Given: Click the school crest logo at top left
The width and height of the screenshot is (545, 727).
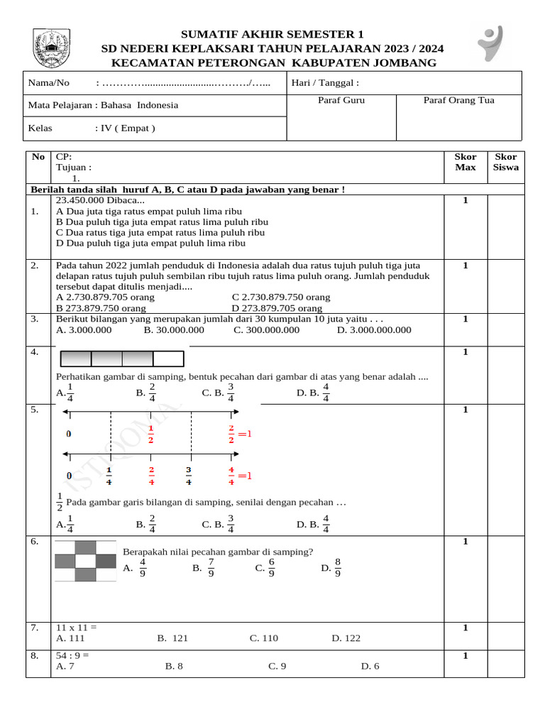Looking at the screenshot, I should point(52,48).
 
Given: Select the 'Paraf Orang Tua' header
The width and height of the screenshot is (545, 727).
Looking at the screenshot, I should point(458,100).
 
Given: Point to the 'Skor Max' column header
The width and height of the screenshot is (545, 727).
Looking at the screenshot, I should point(465,162).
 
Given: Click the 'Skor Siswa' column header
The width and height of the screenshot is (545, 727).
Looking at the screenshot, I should point(506,162).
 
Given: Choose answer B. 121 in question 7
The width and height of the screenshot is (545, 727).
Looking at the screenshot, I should point(172,638).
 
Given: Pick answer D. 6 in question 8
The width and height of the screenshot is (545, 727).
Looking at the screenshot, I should point(370,666).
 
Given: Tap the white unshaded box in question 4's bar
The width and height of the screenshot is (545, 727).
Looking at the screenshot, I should point(168,359).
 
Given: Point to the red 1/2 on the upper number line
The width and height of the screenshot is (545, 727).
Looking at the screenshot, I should point(150,434).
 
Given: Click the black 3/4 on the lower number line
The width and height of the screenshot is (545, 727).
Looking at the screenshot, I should point(188,476).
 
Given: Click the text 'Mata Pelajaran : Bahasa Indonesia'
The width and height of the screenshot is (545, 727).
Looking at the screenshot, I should point(103,105).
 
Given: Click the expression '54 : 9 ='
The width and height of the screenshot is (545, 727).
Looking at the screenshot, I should point(72,655).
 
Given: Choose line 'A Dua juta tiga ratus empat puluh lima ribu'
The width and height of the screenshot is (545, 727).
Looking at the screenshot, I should point(148,212).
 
